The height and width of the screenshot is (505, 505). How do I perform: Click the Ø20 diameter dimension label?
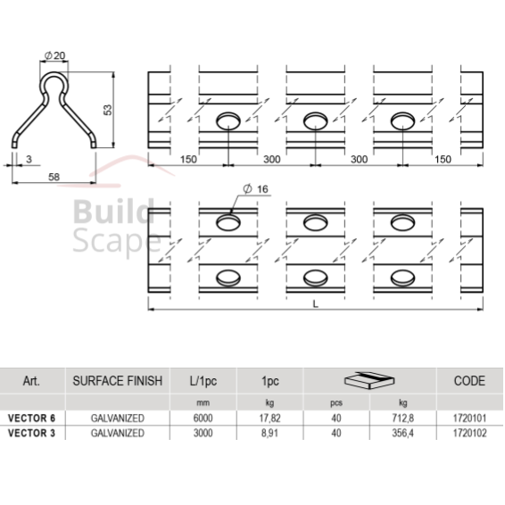[54, 55]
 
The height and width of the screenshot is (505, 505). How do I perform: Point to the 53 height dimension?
[108, 110]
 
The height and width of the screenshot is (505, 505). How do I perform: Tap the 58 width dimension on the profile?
[54, 177]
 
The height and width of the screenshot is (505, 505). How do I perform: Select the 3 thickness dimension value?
[29, 159]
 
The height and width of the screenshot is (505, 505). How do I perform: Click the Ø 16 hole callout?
[256, 189]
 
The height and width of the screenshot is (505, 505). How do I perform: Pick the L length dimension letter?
[316, 303]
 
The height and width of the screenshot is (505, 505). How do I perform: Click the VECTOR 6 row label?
[31, 418]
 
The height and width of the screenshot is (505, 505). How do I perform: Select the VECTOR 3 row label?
[31, 433]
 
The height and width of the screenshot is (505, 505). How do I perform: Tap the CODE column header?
[469, 381]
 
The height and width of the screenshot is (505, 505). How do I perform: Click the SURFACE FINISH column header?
[118, 381]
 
